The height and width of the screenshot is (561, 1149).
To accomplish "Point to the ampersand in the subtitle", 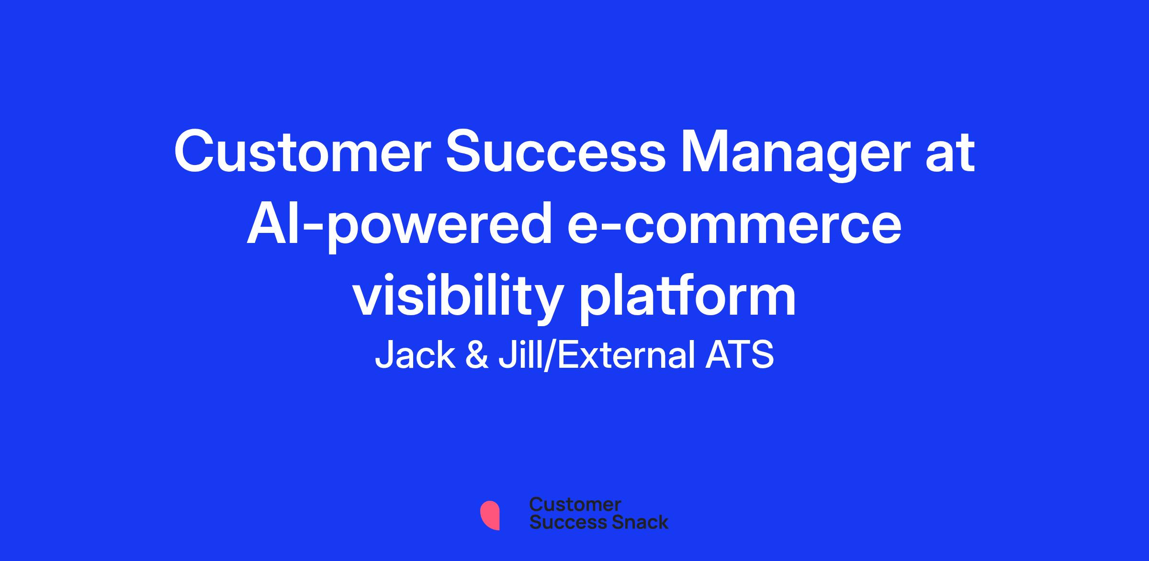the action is pos(477,355).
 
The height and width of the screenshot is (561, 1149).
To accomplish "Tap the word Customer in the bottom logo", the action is pos(575,505).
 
